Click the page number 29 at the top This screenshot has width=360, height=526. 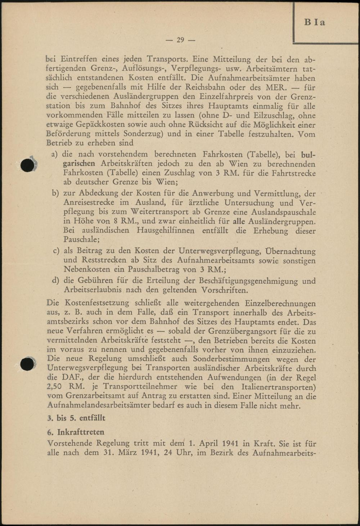180,40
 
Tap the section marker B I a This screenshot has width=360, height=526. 314,22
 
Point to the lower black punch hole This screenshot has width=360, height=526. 27,364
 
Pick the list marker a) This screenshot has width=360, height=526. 55,154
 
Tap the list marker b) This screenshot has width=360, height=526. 55,193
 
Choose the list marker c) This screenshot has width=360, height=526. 56,251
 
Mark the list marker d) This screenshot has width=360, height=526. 55,280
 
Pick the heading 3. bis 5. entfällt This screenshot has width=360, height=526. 76,418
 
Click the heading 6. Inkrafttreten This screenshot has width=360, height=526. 76,432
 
